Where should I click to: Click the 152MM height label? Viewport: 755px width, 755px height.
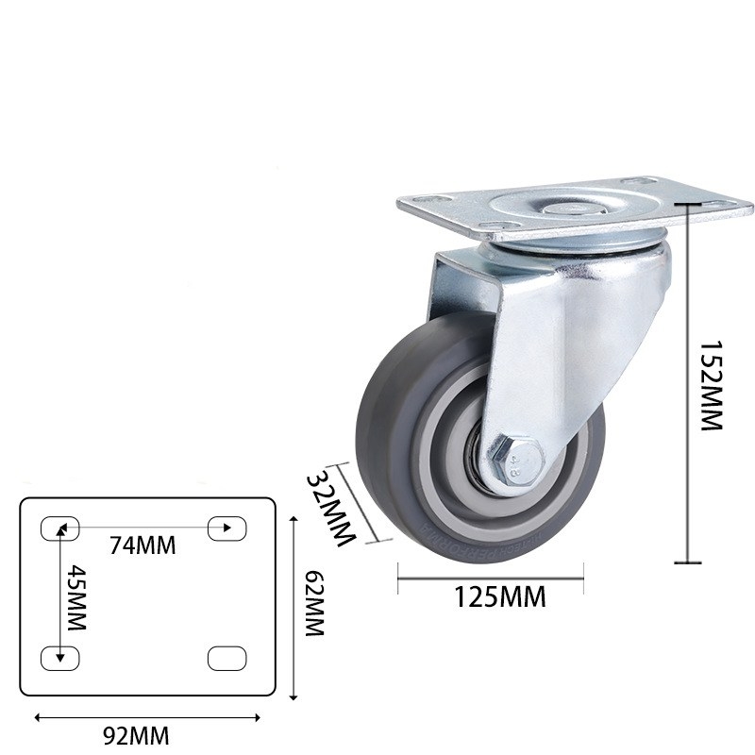tap(710, 386)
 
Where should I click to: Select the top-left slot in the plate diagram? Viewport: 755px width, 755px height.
tap(59, 528)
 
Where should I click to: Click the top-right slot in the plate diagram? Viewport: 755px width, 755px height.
tap(226, 528)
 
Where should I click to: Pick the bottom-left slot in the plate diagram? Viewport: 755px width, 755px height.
tap(59, 657)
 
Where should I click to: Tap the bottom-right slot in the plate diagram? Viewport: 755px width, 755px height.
tap(226, 657)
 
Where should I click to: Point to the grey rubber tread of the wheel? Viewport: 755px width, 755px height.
tap(377, 453)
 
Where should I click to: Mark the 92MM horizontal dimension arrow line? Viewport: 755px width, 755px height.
tap(147, 717)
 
